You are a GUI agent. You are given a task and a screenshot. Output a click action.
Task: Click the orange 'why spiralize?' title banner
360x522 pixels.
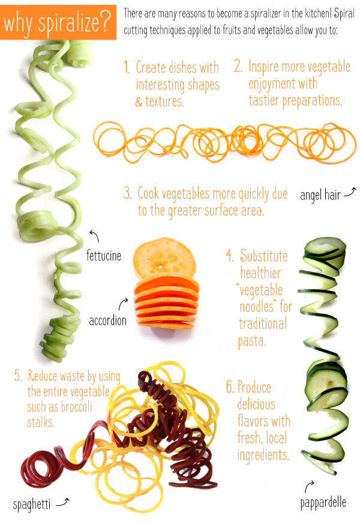(58, 22)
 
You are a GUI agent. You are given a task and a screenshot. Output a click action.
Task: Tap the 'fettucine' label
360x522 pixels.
(104, 256)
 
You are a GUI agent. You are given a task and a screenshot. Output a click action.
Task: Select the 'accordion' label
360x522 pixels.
(107, 320)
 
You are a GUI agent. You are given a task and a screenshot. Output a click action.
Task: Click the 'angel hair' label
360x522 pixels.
(320, 195)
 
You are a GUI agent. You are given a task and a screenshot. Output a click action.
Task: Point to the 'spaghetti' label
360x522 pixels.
(32, 505)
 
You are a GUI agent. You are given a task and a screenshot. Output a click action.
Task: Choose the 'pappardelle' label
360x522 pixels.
(323, 503)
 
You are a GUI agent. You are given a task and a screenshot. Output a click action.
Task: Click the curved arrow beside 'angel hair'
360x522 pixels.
(350, 192)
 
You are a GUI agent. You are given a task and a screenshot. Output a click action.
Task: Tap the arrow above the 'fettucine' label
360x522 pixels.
(95, 235)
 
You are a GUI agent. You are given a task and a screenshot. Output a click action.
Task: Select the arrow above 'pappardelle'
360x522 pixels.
(309, 486)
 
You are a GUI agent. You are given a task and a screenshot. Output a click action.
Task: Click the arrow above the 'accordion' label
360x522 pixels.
(123, 304)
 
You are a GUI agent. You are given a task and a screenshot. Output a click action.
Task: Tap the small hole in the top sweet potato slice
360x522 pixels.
(161, 266)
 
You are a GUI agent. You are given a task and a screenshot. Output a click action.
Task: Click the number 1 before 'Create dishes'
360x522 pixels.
(127, 67)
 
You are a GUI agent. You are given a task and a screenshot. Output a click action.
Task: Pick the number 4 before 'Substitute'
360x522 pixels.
(229, 256)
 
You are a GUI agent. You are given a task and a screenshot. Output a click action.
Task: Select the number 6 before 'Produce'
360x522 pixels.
(230, 387)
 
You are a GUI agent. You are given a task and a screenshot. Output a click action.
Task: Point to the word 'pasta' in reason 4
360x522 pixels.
(251, 341)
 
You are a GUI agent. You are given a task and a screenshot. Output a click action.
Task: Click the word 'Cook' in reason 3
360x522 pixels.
(148, 193)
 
